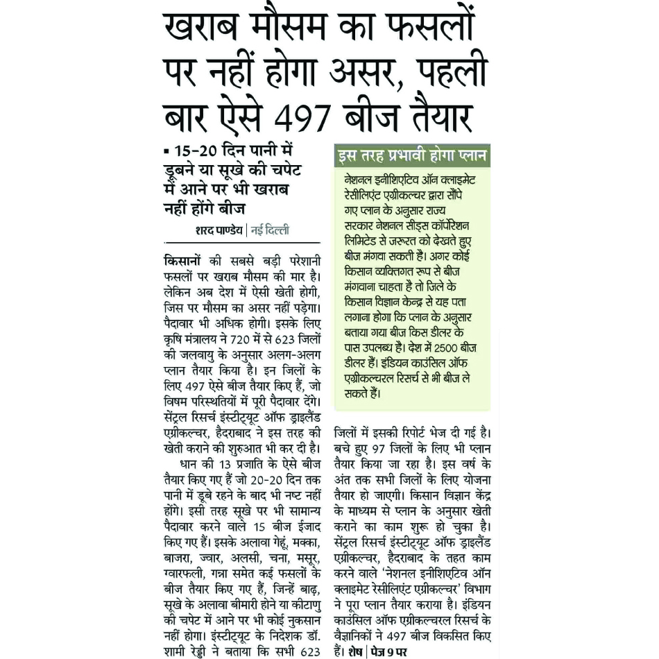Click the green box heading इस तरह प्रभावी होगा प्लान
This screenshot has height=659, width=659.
click(x=411, y=155)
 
